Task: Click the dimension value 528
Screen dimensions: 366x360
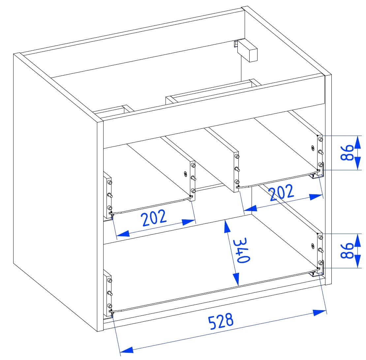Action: click(221, 321)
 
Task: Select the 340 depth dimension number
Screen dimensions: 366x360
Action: click(242, 250)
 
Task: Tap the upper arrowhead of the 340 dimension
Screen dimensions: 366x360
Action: click(227, 227)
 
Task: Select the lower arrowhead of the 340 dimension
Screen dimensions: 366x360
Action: click(236, 279)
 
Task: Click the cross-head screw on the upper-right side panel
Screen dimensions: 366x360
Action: click(313, 147)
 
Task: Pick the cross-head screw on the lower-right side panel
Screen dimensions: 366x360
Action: click(313, 246)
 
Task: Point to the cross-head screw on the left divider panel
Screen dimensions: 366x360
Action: click(186, 174)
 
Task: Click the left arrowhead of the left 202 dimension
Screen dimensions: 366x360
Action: click(123, 233)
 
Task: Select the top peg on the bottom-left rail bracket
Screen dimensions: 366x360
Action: click(109, 280)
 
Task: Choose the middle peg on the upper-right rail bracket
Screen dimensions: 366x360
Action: click(321, 152)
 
